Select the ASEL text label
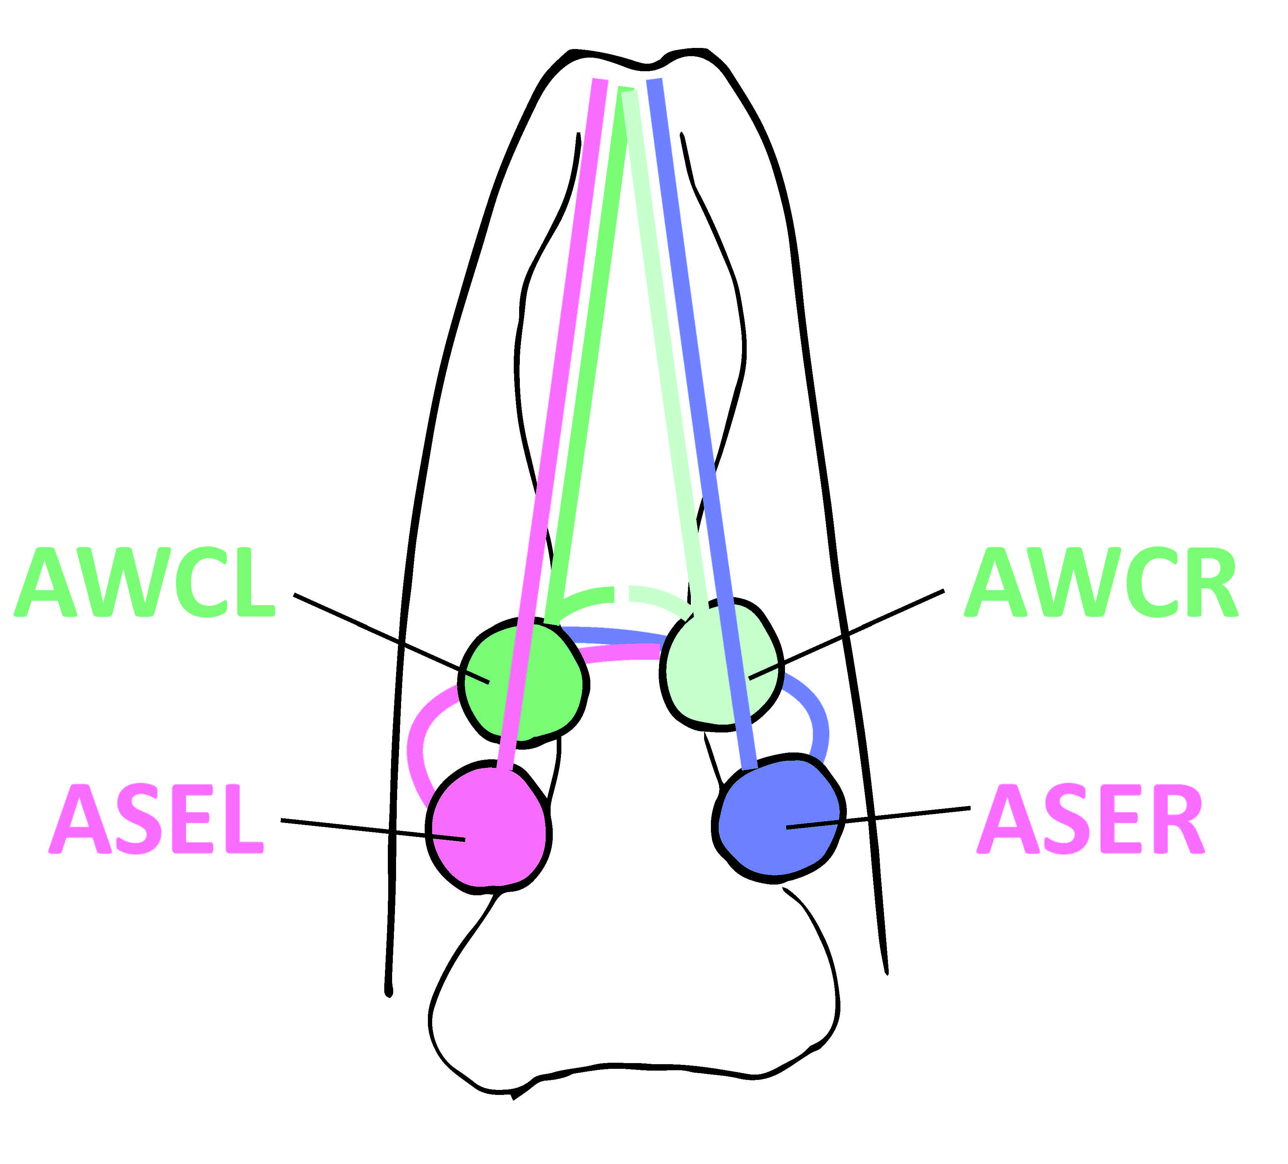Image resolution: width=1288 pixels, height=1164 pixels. click(x=157, y=820)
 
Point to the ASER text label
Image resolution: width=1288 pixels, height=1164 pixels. click(x=1090, y=820)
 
